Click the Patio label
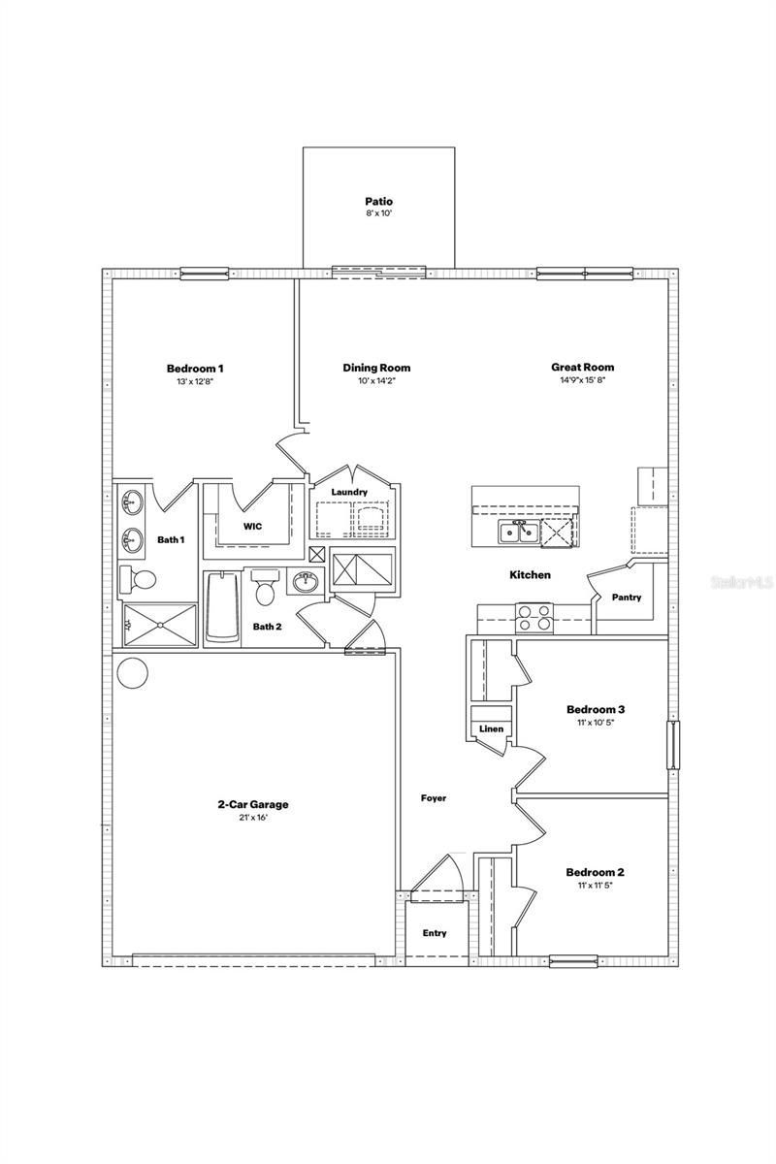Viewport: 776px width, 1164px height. [378, 202]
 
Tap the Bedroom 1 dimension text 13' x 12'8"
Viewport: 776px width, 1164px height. [195, 382]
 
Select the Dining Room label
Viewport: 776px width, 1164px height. [376, 368]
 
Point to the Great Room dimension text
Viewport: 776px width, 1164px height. [582, 382]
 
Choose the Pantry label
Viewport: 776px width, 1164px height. [627, 598]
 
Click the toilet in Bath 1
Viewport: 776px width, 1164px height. [140, 580]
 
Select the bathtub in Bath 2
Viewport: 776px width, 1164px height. [222, 607]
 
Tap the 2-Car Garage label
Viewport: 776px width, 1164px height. [252, 804]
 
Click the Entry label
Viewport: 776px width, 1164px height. [435, 933]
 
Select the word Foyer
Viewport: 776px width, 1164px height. [433, 798]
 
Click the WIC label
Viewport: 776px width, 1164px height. [252, 527]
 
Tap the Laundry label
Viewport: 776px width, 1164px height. [349, 493]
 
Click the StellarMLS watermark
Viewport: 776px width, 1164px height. [742, 584]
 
